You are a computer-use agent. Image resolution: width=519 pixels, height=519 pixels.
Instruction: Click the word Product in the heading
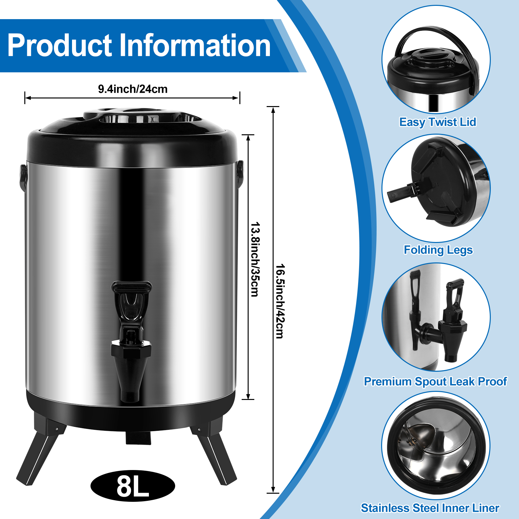click(x=59, y=45)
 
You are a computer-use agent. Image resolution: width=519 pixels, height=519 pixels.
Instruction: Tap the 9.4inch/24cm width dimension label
click(x=133, y=89)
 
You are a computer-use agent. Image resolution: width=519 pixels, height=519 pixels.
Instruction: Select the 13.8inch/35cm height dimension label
click(x=255, y=259)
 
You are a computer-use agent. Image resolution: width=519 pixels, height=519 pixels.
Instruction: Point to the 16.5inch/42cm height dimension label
click(x=280, y=301)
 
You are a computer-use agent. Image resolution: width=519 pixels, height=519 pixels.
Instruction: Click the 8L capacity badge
click(x=133, y=486)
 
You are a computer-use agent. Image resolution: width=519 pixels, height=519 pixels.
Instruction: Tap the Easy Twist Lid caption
click(x=438, y=122)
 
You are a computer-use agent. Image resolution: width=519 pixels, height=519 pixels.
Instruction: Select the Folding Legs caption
click(x=438, y=250)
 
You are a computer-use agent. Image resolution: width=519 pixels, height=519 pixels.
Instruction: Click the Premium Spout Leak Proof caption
click(x=435, y=381)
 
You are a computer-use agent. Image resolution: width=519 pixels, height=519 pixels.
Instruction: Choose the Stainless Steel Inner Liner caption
click(x=430, y=508)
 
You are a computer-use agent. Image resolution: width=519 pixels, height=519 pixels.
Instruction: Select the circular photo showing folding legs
click(x=436, y=188)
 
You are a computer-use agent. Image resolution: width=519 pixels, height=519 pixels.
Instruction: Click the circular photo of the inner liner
click(x=436, y=445)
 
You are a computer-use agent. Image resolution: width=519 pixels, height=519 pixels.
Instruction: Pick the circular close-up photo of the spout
click(x=436, y=317)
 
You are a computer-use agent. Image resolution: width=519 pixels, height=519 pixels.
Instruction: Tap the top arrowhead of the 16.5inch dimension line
click(x=273, y=110)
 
